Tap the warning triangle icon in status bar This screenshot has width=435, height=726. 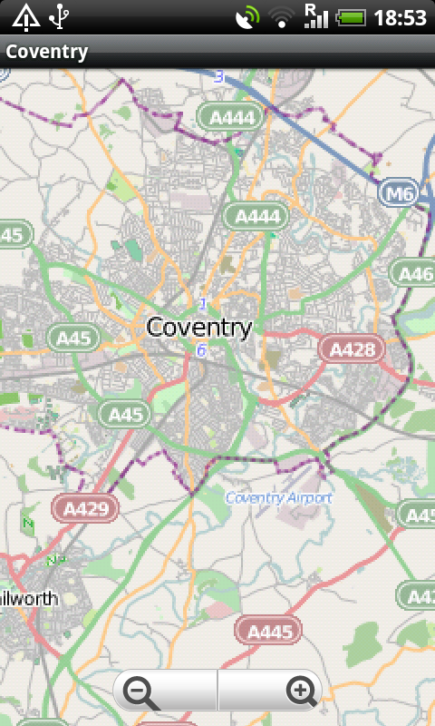pos(25,16)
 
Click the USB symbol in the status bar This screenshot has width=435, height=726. pos(60,16)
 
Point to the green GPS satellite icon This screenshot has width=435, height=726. pos(246,16)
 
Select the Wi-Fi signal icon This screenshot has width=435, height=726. pos(283,16)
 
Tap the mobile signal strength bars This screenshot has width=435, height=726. pos(315,16)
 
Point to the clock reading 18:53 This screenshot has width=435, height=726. pos(400,16)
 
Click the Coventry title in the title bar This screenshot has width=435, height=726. pos(47,51)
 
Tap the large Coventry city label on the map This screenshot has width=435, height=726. pos(198,328)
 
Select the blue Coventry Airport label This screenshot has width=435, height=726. pos(278,498)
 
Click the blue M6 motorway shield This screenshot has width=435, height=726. pos(398,193)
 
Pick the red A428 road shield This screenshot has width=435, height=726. pos(353,348)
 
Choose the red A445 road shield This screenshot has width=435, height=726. pos(269,631)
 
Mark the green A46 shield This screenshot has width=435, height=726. pos(414,272)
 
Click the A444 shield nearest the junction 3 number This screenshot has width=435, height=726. pos(232,116)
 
